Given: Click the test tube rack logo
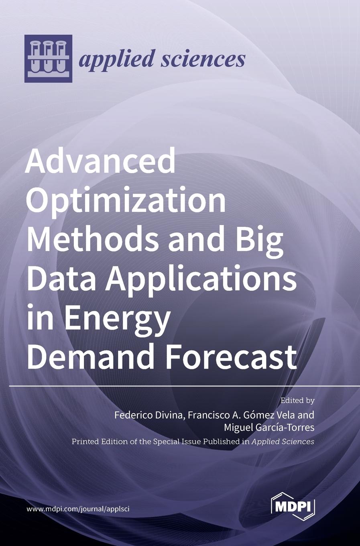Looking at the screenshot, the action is tap(48, 59).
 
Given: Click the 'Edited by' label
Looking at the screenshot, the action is tap(297, 400).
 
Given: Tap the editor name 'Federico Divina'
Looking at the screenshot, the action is tap(148, 415).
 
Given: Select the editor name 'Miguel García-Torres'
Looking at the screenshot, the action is tap(269, 427).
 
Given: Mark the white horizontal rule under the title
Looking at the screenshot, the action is tap(185, 386).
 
